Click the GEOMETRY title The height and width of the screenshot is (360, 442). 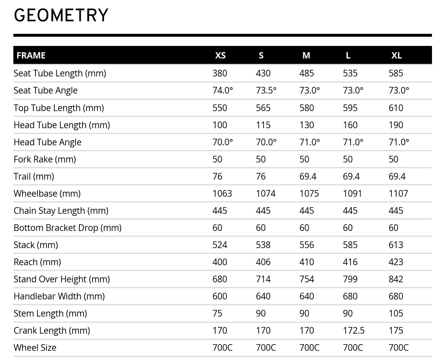61,15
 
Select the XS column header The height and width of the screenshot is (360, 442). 220,56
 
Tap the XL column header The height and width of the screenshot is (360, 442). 396,56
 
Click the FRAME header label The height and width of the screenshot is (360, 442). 31,56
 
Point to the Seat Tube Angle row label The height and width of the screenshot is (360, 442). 46,91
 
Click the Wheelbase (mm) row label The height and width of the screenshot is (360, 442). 47,194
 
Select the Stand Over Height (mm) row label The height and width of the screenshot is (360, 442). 62,279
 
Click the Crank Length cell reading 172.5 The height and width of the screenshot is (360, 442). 353,331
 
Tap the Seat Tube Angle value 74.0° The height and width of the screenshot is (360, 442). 223,91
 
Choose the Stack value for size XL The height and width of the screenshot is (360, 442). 396,245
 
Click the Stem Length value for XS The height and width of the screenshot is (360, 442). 217,314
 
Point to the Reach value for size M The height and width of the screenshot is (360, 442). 307,262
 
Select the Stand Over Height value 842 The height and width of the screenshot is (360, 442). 396,279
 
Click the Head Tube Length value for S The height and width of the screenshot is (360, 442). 263,125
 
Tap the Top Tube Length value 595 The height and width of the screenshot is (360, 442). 350,108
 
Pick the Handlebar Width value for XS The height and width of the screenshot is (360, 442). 220,297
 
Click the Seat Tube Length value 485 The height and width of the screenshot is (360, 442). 307,74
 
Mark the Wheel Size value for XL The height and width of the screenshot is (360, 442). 399,348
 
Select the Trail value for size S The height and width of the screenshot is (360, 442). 261,177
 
